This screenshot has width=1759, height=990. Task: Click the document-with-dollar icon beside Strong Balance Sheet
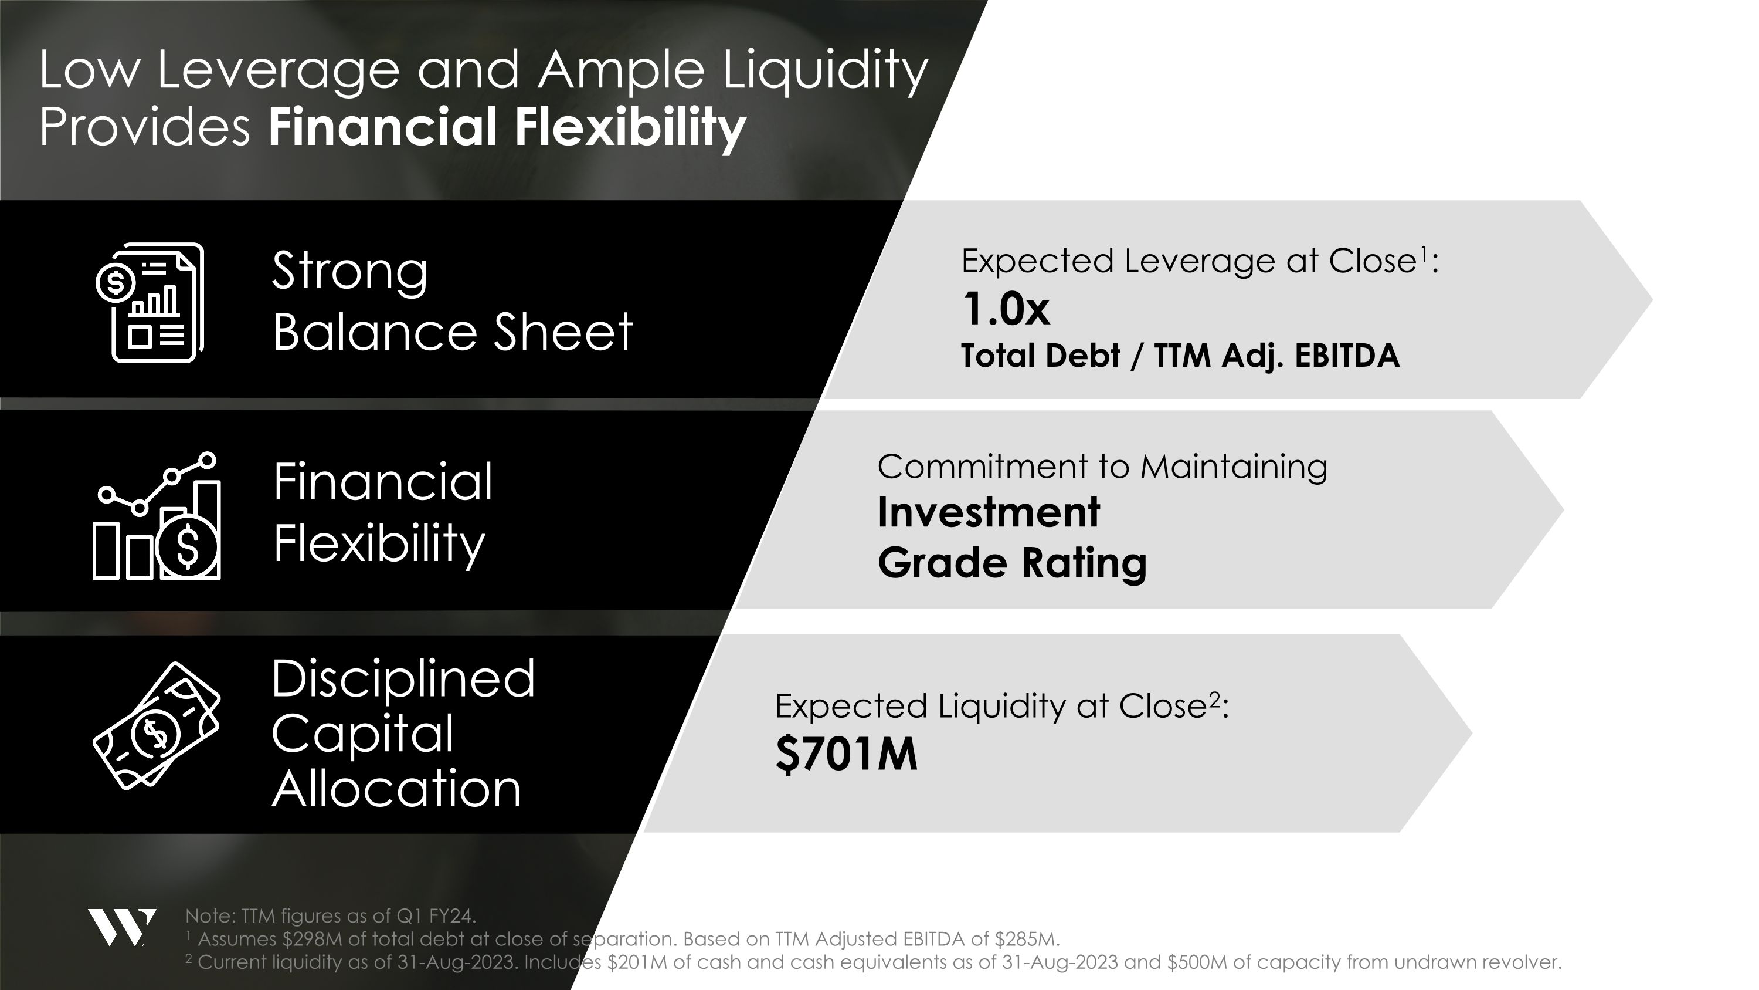coord(150,302)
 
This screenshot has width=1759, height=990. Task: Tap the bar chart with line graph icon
coord(157,516)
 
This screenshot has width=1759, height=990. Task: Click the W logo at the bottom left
coord(121,927)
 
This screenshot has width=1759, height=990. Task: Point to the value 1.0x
coord(1005,309)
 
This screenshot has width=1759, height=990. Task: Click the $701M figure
coord(846,754)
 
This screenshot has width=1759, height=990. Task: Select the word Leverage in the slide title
coord(278,72)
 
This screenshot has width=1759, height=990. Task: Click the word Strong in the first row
coord(349,272)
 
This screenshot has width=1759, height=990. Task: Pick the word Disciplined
coord(403,679)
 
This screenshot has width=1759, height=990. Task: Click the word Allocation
coord(396,789)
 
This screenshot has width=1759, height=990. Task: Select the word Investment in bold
coord(988,512)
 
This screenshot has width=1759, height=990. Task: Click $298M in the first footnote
coord(312,940)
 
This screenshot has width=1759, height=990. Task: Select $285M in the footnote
coord(1025,940)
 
